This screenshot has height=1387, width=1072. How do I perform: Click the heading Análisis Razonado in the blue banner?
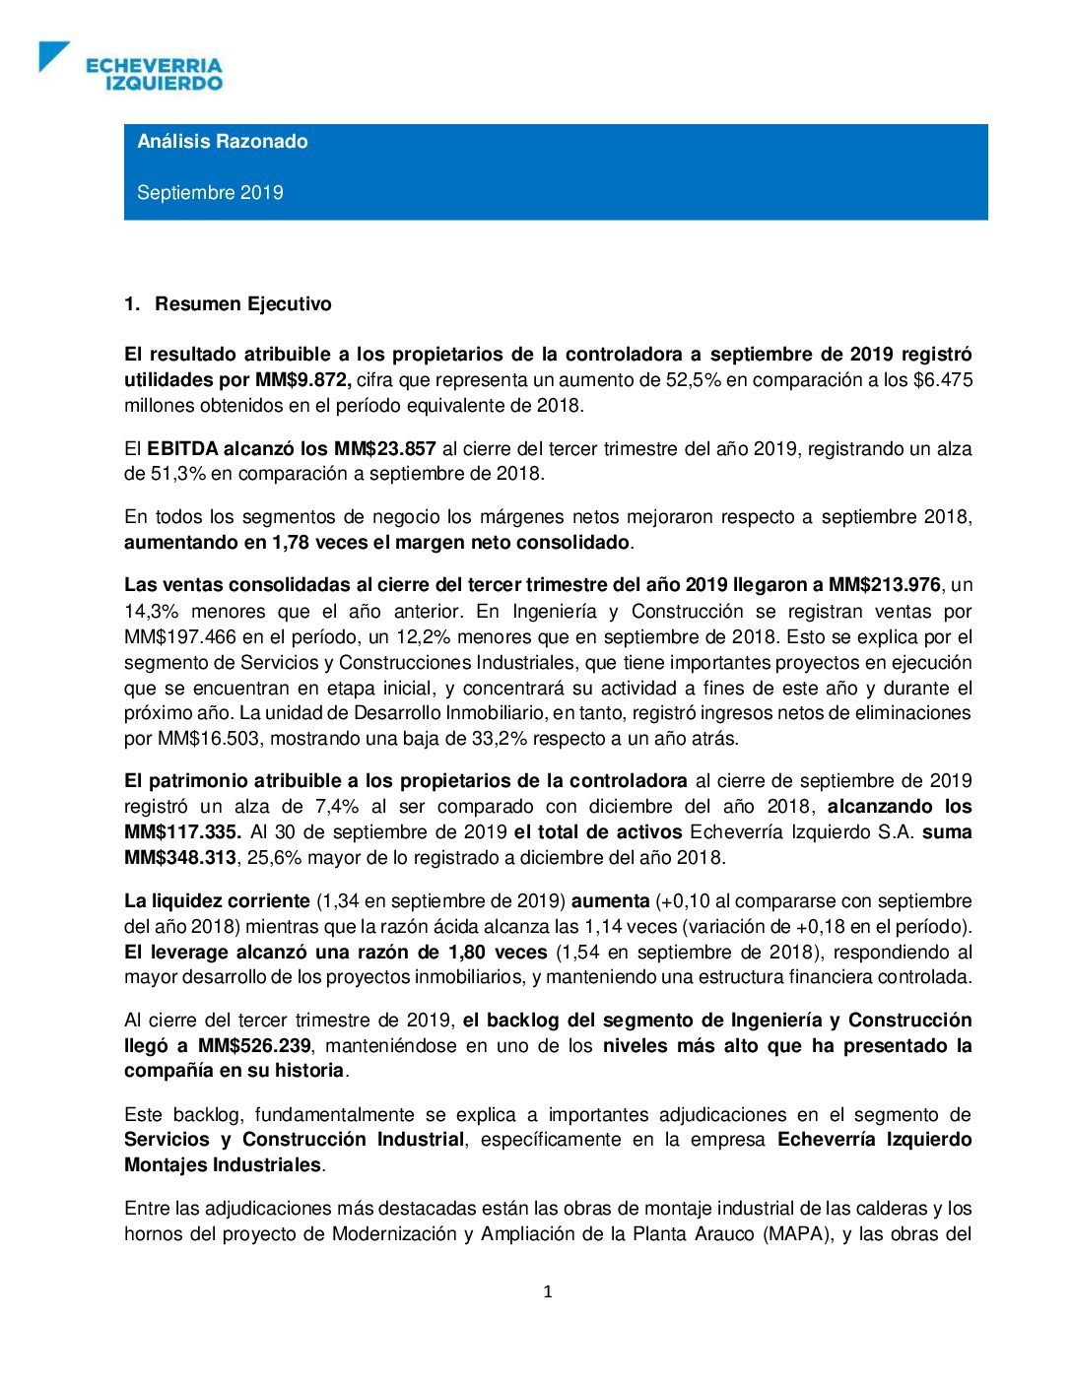pos(223,142)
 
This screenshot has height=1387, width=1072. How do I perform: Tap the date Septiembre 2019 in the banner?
pos(210,193)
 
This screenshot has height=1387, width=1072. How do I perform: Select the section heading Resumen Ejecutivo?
pos(242,304)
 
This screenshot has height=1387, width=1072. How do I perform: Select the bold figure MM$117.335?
pos(182,832)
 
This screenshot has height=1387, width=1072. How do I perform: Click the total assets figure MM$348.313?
pos(180,858)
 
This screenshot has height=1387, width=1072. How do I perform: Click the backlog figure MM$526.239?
pos(254,1046)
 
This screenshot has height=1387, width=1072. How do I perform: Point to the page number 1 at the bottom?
pos(548,1292)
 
